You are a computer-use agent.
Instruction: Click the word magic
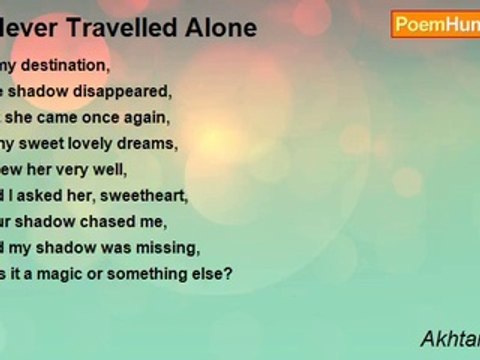[x=70, y=273]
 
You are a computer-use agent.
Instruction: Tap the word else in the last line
[x=214, y=273]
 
